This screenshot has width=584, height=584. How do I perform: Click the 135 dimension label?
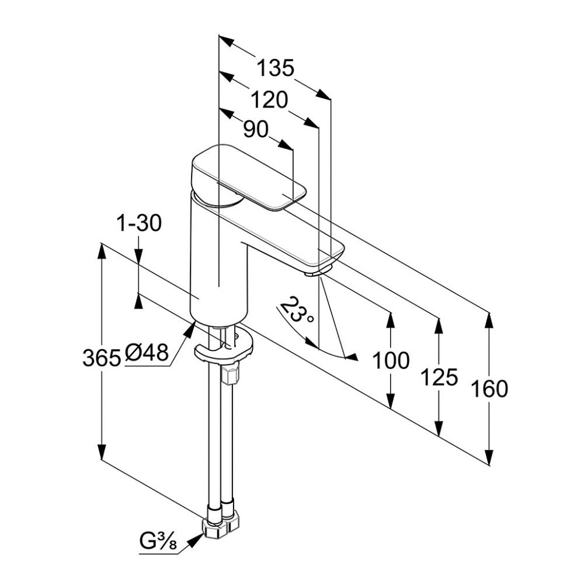coord(276,68)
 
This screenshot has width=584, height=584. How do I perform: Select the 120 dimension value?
coord(269,100)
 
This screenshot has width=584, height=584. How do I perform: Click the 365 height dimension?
coord(102,357)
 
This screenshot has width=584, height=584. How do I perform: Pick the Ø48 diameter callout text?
coord(147,352)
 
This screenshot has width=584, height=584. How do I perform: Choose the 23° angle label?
coord(298,310)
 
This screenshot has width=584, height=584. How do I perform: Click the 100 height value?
coord(391,361)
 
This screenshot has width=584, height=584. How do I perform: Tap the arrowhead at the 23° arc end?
coord(350,357)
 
